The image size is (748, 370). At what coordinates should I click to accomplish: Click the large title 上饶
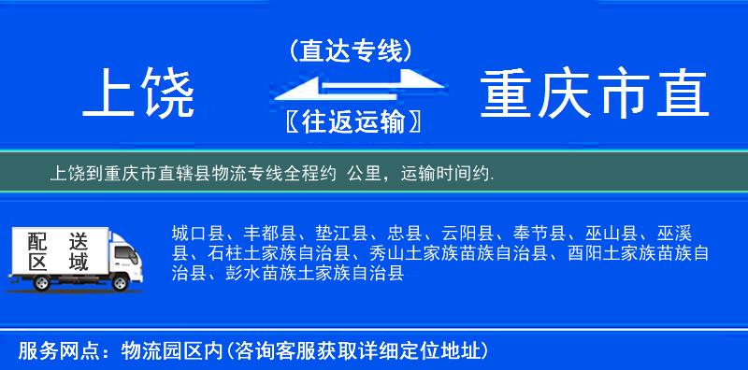tap(139, 95)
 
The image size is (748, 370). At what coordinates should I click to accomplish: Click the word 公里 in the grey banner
tap(363, 174)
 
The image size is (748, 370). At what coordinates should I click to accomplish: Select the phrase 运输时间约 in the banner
tap(446, 174)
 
